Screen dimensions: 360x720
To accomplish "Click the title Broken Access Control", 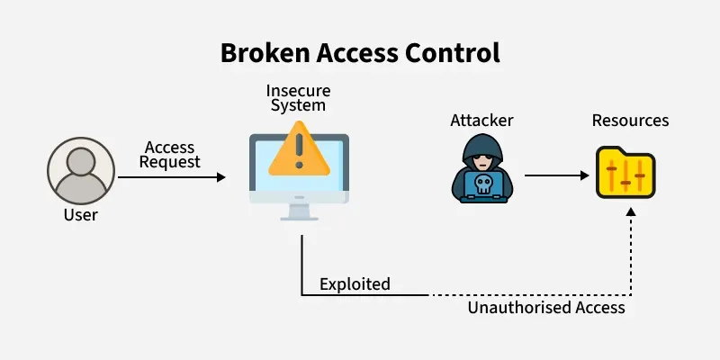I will tap(360, 52).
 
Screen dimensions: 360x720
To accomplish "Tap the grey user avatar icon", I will tap(81, 175).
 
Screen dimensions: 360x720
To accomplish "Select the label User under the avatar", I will tap(81, 215).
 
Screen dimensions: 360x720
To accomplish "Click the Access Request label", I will tap(169, 154).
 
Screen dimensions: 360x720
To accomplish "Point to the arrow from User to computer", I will tap(171, 177).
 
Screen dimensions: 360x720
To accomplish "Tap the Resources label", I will tap(630, 120).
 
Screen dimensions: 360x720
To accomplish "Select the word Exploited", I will tap(355, 284).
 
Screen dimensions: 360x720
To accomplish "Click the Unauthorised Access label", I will tap(546, 308).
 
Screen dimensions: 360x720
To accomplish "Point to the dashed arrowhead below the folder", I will tap(631, 212).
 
